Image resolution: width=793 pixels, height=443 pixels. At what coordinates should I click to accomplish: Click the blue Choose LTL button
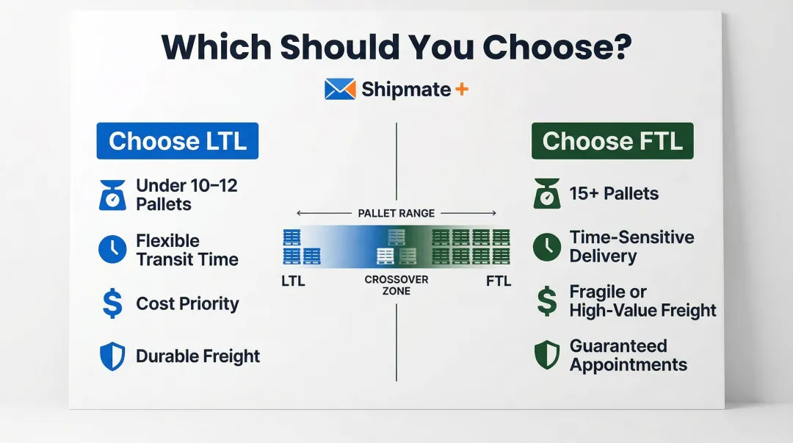point(177,141)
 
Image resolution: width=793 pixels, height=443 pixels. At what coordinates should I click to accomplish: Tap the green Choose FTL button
point(612,141)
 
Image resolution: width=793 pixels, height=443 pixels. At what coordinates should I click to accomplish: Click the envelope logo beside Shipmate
point(340,90)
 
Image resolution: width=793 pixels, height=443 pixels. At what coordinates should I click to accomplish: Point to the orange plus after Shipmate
point(462,90)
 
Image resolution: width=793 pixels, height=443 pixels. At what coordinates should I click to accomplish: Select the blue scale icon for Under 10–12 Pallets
point(112,195)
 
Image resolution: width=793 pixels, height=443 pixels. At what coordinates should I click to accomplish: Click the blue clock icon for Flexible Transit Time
point(112,250)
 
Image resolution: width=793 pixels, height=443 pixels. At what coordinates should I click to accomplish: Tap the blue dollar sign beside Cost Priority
point(112,304)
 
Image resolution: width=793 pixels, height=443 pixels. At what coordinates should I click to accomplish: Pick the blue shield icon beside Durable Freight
point(112,356)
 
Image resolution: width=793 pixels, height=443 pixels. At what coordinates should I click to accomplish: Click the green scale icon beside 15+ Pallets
point(546,194)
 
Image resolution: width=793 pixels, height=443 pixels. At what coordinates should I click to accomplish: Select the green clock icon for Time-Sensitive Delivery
point(546,247)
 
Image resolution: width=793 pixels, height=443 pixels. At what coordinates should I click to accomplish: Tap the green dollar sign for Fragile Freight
point(546,301)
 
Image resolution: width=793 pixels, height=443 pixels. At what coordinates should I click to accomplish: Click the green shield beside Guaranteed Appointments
point(546,356)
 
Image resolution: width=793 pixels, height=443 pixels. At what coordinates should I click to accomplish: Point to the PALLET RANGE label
point(396,213)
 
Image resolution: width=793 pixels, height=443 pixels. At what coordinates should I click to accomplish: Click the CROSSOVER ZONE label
point(396,286)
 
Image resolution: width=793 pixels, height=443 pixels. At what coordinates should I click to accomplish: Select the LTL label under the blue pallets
point(293,281)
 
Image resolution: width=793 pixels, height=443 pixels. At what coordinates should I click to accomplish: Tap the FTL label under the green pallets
point(499,281)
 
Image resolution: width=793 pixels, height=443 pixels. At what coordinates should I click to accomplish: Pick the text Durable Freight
point(198,356)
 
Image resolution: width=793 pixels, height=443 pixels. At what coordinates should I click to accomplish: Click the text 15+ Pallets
point(614,194)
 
